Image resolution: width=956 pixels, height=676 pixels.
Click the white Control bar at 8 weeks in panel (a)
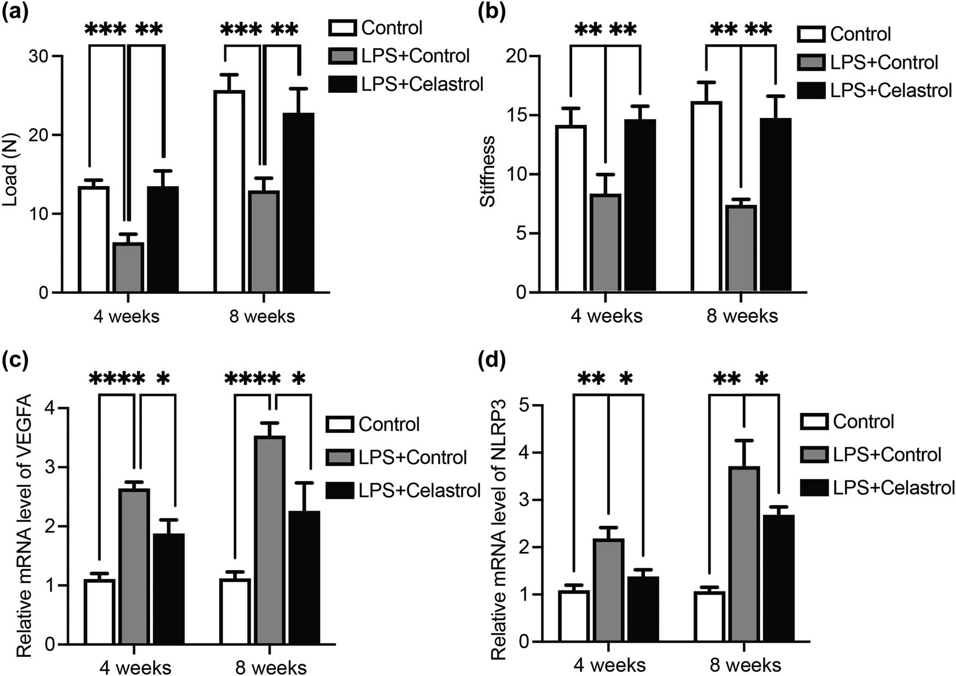[x=229, y=191]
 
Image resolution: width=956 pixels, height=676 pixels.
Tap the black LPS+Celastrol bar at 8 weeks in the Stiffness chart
[x=775, y=205]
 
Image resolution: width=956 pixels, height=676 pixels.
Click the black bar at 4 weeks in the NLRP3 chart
[x=643, y=609]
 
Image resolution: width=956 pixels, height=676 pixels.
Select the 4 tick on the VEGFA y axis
[x=50, y=408]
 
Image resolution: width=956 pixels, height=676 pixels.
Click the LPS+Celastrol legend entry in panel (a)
[x=406, y=84]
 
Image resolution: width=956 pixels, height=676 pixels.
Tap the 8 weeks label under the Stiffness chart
[x=742, y=316]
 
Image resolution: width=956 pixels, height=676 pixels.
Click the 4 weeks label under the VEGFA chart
[x=135, y=667]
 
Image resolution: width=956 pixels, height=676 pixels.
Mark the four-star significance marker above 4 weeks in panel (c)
[x=117, y=378]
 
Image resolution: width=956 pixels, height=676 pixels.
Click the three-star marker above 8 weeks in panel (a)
[x=241, y=28]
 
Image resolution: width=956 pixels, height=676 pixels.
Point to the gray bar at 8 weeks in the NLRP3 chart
[x=744, y=554]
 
